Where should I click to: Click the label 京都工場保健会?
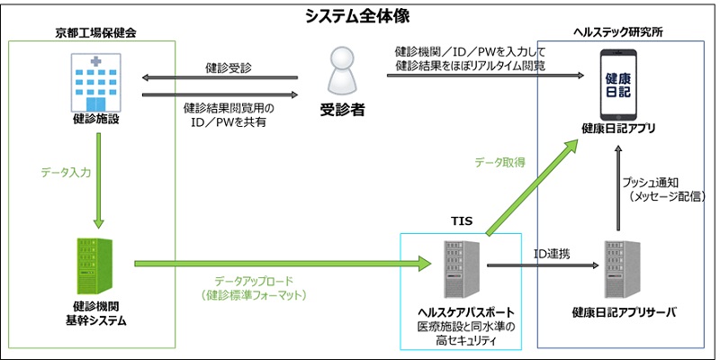point(89,33)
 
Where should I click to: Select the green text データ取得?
point(500,161)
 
